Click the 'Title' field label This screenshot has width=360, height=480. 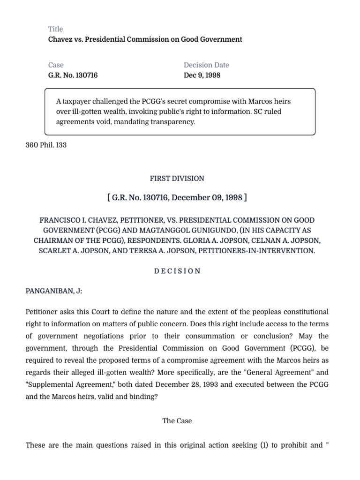pyautogui.click(x=55, y=29)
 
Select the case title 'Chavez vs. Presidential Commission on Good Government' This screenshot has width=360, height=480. pyautogui.click(x=145, y=39)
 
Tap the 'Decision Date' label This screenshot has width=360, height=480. pyautogui.click(x=206, y=65)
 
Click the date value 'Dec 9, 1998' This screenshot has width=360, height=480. pyautogui.click(x=202, y=75)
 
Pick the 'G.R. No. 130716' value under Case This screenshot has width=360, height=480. pyautogui.click(x=73, y=75)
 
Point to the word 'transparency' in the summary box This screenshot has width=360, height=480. pyautogui.click(x=173, y=121)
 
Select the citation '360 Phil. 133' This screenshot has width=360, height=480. pyautogui.click(x=46, y=145)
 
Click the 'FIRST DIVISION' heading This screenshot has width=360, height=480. pyautogui.click(x=177, y=179)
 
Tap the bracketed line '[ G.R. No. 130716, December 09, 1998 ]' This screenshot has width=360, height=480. pyautogui.click(x=177, y=197)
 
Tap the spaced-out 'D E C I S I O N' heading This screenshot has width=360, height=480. pyautogui.click(x=177, y=271)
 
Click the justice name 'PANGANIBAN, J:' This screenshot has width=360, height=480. pyautogui.click(x=54, y=291)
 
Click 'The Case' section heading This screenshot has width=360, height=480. pyautogui.click(x=177, y=421)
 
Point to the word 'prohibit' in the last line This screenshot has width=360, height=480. pyautogui.click(x=292, y=445)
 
